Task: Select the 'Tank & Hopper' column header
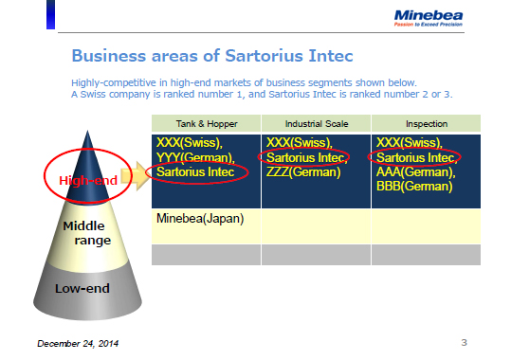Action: click(206, 124)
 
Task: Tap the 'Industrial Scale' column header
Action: click(316, 124)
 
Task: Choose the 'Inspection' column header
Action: click(425, 124)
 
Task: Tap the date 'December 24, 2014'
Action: click(79, 341)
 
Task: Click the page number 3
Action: click(464, 340)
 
